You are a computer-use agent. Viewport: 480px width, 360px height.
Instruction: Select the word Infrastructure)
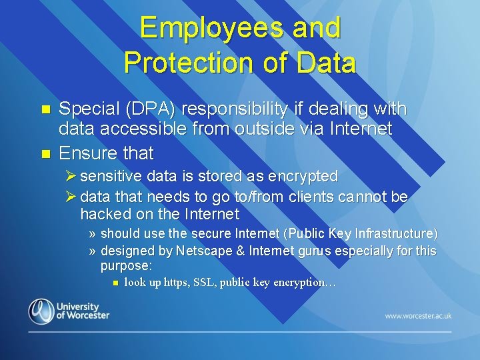pyautogui.click(x=398, y=233)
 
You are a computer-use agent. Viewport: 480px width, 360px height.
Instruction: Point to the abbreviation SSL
pyautogui.click(x=205, y=282)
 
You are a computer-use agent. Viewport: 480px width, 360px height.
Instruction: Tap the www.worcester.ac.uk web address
pyautogui.click(x=418, y=315)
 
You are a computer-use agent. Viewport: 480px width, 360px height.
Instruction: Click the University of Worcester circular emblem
pyautogui.click(x=41, y=311)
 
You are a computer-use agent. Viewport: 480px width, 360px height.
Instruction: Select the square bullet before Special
pyautogui.click(x=45, y=109)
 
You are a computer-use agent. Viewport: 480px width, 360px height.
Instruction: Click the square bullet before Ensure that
pyautogui.click(x=45, y=154)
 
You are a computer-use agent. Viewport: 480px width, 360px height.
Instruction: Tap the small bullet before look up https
pyautogui.click(x=115, y=283)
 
